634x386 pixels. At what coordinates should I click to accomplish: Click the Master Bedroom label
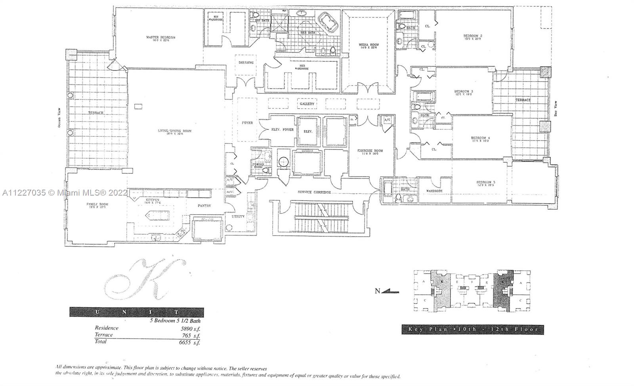click(x=160, y=38)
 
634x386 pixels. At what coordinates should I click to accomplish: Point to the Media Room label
click(x=369, y=45)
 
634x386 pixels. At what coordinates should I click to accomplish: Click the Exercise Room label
click(x=370, y=151)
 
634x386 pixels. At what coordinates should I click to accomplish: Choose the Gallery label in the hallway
click(x=307, y=104)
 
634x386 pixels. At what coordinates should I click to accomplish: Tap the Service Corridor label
click(x=314, y=192)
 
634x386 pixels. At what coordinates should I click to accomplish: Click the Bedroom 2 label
click(x=472, y=36)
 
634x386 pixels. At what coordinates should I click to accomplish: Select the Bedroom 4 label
click(x=480, y=139)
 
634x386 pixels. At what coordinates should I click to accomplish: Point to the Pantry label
click(x=204, y=206)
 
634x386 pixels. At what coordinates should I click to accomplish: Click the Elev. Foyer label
click(x=282, y=129)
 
